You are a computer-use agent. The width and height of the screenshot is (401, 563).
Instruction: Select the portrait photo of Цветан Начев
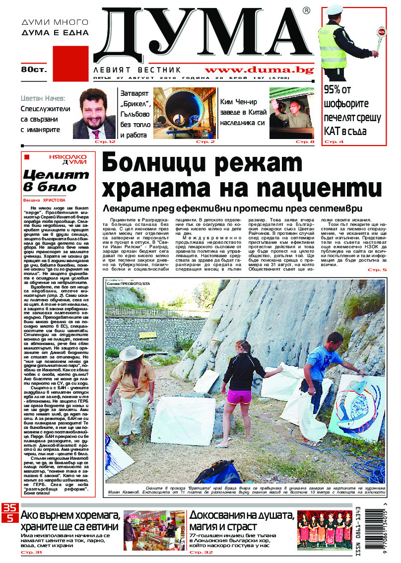pos(94,114)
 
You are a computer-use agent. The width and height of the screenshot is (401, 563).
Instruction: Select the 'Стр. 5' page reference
pos(377,270)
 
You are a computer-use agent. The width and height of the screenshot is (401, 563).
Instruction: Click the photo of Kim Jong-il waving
pos(292,113)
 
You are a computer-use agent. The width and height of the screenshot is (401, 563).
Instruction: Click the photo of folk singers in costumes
pos(323,529)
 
